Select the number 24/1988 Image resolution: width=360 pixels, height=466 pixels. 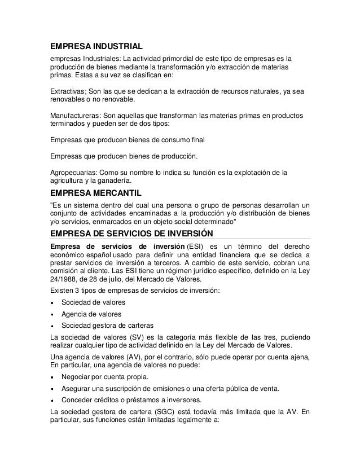tap(62, 280)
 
